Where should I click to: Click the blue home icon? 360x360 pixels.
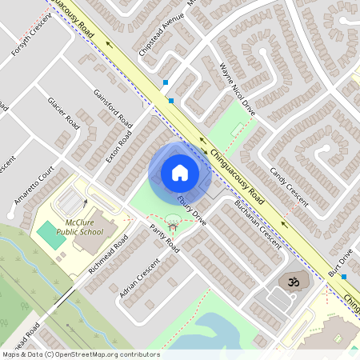coord(180,172)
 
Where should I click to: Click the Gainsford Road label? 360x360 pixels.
coord(113,107)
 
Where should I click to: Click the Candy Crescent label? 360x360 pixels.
coord(289,186)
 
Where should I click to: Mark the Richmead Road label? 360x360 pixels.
coord(108,255)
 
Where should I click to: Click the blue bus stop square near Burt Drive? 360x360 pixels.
coord(344,277)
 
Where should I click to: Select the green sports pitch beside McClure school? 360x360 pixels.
coord(50,234)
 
